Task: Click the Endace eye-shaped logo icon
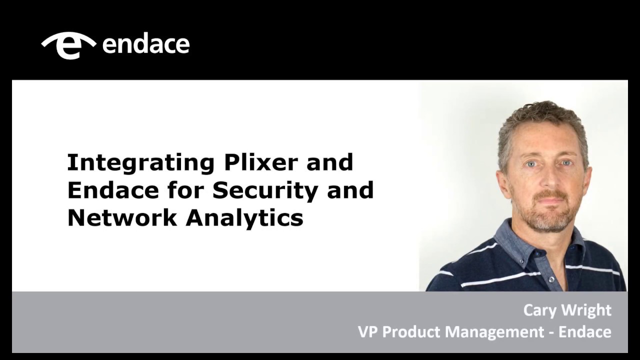68,45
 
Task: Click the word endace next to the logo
145,44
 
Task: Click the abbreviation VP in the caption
367,331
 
